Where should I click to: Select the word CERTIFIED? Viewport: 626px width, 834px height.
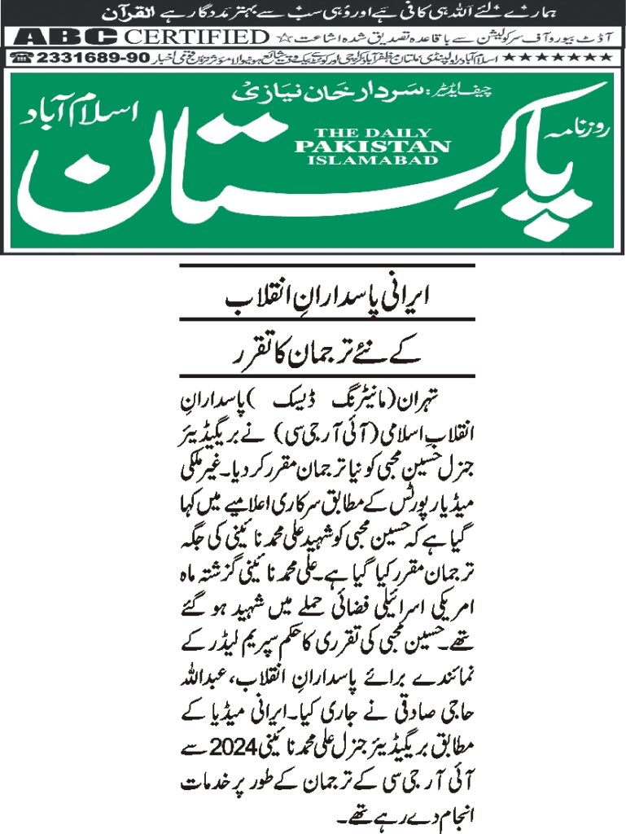click(x=199, y=37)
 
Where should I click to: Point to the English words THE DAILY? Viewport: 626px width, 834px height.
click(x=372, y=133)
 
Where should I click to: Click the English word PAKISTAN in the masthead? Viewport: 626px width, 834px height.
click(x=372, y=146)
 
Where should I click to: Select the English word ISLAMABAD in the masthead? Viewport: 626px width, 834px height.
click(x=372, y=160)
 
